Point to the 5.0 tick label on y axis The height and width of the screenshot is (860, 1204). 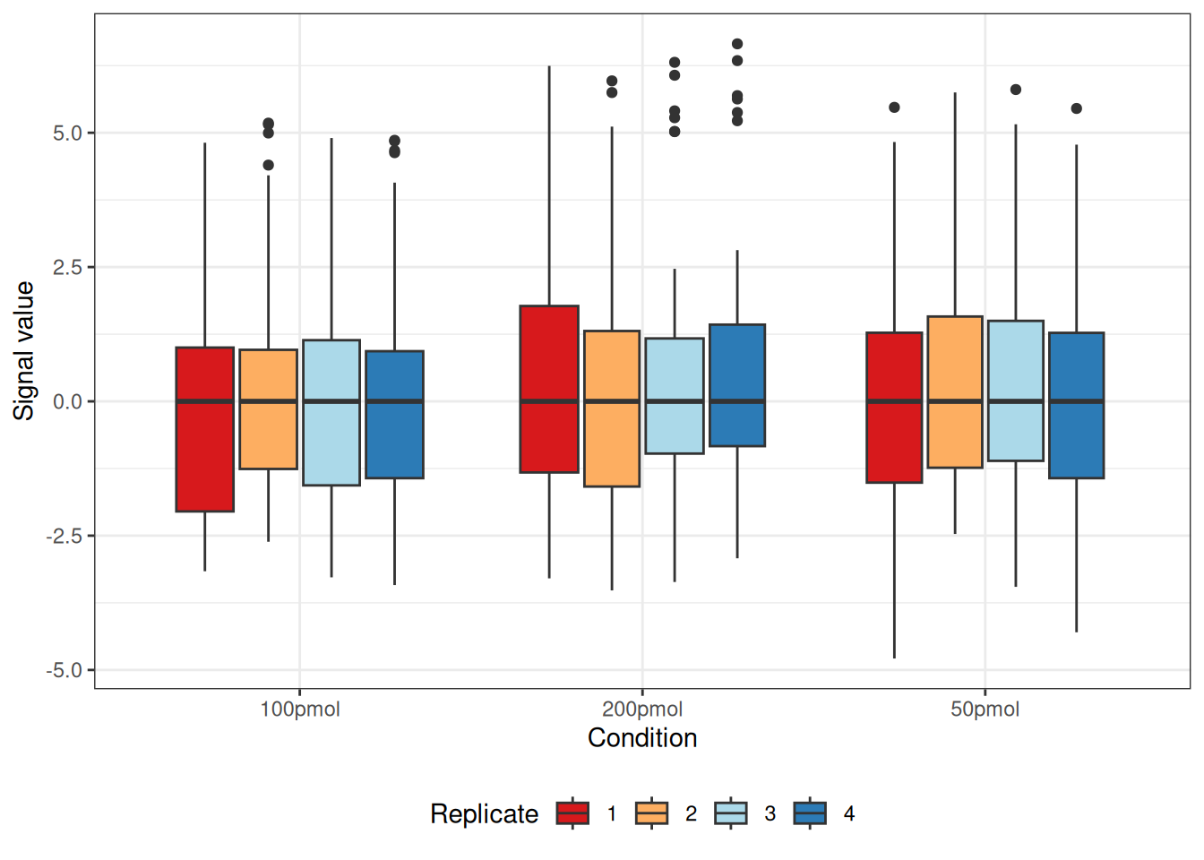(x=67, y=133)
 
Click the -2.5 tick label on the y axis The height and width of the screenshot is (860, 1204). (x=64, y=536)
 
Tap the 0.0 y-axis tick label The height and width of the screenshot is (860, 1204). (x=67, y=402)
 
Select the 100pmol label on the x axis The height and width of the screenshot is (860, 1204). (x=300, y=709)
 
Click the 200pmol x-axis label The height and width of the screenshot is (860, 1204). (x=642, y=709)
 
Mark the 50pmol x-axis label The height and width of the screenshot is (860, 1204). (x=985, y=709)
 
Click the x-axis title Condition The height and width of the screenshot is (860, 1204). (x=642, y=738)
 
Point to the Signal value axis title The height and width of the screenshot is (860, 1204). (x=23, y=350)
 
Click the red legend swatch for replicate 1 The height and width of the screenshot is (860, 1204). (x=572, y=813)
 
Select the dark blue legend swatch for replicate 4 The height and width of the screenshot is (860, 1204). (x=810, y=813)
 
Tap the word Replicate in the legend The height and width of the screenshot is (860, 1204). (x=484, y=813)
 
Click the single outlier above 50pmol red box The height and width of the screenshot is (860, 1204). (x=894, y=107)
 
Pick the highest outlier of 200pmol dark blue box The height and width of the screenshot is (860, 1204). (x=737, y=44)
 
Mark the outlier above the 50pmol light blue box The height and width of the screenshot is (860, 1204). (x=1016, y=90)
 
